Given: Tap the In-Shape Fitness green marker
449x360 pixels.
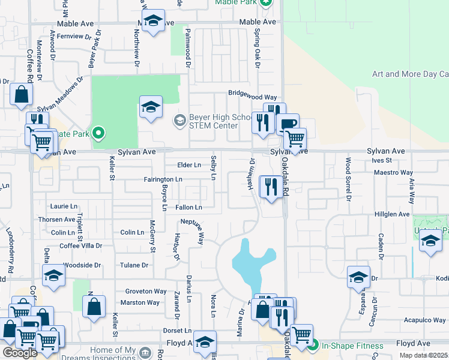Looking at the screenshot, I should coord(312,345).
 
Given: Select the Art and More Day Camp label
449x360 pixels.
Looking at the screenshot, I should coord(411,74).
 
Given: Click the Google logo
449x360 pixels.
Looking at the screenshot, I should coord(20,353).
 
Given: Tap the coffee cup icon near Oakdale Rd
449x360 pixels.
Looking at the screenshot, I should coord(288,124).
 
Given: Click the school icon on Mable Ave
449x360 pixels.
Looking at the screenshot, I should coord(154,22).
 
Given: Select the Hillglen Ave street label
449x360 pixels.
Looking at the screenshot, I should coord(392,214).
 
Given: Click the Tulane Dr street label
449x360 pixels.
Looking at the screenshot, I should coord(134,265).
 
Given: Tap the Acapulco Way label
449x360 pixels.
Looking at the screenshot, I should coord(424,320).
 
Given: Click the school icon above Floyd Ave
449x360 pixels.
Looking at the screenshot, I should coord(205,342).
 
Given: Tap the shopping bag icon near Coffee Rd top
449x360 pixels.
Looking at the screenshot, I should coord(21,94).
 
